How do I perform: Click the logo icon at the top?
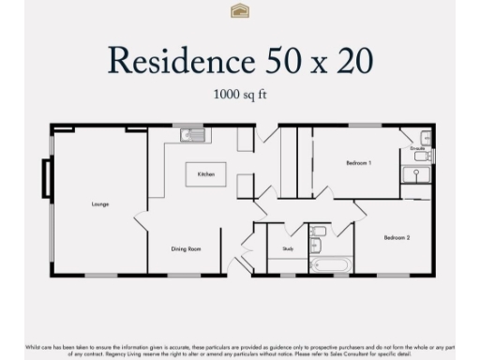point(239,10)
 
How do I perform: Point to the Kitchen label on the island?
point(205,174)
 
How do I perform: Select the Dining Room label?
point(186,248)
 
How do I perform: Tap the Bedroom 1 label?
point(358,163)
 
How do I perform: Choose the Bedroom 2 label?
point(397,237)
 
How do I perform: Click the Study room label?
point(287,248)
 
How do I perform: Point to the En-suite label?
point(417,148)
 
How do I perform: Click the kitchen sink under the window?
point(194,134)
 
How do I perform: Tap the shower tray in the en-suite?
point(413,174)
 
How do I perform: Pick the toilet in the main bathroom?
point(319,231)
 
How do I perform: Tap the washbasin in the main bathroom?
point(316,246)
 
